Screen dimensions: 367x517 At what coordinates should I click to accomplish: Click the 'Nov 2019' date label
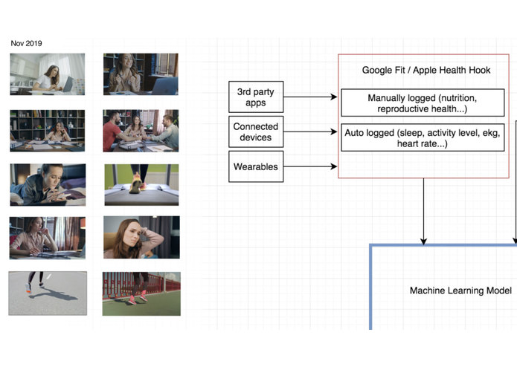26,43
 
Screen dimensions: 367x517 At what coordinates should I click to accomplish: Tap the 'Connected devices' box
256,132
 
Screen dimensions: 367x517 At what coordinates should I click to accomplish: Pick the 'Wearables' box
256,167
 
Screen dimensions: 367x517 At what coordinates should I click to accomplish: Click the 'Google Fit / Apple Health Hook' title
426,70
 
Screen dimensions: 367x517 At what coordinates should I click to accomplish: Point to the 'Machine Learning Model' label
460,290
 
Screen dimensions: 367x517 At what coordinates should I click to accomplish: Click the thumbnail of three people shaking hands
141,131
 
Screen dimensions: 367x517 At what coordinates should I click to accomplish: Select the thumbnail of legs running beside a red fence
141,293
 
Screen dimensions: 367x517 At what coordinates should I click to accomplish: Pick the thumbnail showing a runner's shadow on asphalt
48,293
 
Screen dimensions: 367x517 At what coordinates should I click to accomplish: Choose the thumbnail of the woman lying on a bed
48,184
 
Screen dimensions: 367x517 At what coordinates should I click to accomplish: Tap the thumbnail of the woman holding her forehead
141,237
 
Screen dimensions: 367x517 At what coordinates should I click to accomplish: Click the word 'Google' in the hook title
377,70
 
